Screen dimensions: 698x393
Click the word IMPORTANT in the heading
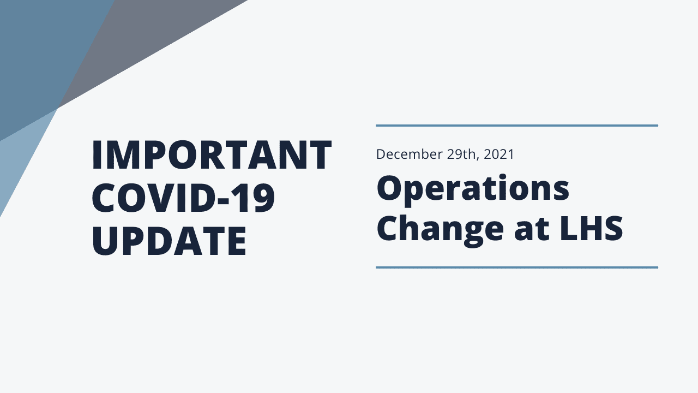(212, 155)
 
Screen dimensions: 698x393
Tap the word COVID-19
(183, 198)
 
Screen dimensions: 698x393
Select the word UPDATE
(169, 241)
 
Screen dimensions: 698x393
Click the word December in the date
(410, 154)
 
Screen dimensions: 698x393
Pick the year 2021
(498, 154)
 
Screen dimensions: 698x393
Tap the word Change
(440, 229)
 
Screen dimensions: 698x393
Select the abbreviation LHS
(592, 228)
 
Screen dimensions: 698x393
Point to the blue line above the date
(517, 126)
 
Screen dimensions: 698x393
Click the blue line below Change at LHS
(517, 267)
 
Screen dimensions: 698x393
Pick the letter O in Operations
(390, 188)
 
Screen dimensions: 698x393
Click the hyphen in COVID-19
(224, 200)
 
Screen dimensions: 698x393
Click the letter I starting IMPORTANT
(96, 155)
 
